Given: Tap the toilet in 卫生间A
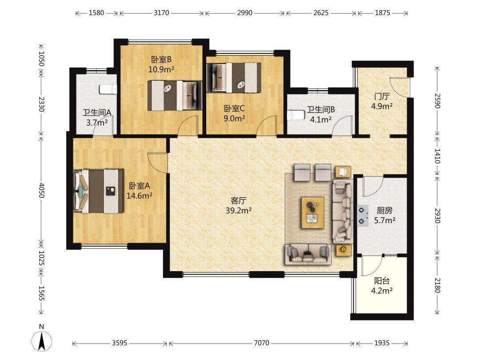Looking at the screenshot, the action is click(108, 89).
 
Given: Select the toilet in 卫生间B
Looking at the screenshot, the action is click(296, 115).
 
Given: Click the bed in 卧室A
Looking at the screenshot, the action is click(99, 191).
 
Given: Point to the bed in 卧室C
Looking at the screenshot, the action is click(234, 77).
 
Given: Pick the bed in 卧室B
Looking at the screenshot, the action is click(175, 95).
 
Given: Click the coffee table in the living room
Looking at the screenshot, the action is click(313, 212).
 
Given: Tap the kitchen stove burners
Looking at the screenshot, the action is click(363, 216).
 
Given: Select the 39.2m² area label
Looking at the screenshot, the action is click(239, 210).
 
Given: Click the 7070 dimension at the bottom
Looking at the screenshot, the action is click(261, 343).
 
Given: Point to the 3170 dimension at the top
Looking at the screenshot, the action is click(161, 13).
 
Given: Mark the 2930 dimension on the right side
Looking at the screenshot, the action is click(438, 216).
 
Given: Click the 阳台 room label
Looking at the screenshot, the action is click(382, 280).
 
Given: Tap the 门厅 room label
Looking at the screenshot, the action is click(382, 96).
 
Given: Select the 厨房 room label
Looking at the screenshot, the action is click(384, 210).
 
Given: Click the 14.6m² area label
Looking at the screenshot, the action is click(140, 196).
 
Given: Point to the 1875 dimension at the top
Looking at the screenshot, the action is click(383, 13).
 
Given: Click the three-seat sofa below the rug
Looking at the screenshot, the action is click(308, 254).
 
